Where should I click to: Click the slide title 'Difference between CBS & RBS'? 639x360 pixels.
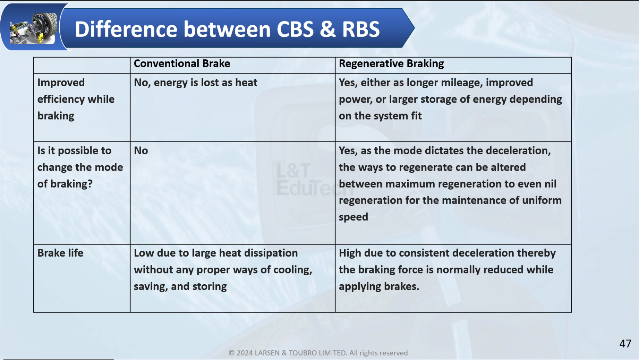(x=227, y=29)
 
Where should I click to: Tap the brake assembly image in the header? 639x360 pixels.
(x=33, y=28)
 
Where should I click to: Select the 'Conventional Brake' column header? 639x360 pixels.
(x=182, y=64)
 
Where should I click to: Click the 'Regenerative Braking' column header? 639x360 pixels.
(x=391, y=64)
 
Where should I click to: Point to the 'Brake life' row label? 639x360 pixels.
(x=60, y=253)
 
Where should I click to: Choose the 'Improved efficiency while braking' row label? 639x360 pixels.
(x=76, y=99)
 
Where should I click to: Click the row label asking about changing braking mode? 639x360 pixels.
(x=80, y=167)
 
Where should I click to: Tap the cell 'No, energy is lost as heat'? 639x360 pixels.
(x=196, y=82)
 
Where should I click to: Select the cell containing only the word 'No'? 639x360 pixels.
(x=141, y=150)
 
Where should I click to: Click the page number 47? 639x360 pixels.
(x=625, y=343)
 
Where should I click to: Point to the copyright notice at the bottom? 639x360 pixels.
(x=318, y=353)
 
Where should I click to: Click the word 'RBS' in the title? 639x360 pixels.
(x=361, y=29)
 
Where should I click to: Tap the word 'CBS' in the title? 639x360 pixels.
(x=295, y=29)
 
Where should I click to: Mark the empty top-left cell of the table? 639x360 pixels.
(x=82, y=65)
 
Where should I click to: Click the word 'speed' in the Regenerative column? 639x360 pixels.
(x=353, y=217)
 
